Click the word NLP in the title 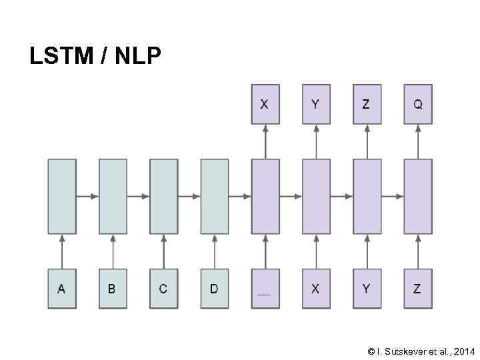pyautogui.click(x=138, y=57)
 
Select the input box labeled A pyautogui.click(x=62, y=289)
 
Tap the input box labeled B pyautogui.click(x=113, y=289)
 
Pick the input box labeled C pyautogui.click(x=163, y=289)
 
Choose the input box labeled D pyautogui.click(x=214, y=289)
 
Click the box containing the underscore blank pyautogui.click(x=265, y=289)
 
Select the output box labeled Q pyautogui.click(x=418, y=105)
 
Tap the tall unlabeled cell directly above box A pyautogui.click(x=62, y=197)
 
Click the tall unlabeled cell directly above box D pyautogui.click(x=214, y=197)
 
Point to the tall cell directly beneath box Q pyautogui.click(x=418, y=197)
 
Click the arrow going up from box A pyautogui.click(x=62, y=251)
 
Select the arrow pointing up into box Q pyautogui.click(x=418, y=141)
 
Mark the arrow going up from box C pyautogui.click(x=163, y=251)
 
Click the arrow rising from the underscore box pyautogui.click(x=265, y=251)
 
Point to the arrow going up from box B pyautogui.click(x=113, y=251)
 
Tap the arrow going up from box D pyautogui.click(x=214, y=251)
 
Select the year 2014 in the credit pyautogui.click(x=464, y=351)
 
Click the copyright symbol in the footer pyautogui.click(x=371, y=351)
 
